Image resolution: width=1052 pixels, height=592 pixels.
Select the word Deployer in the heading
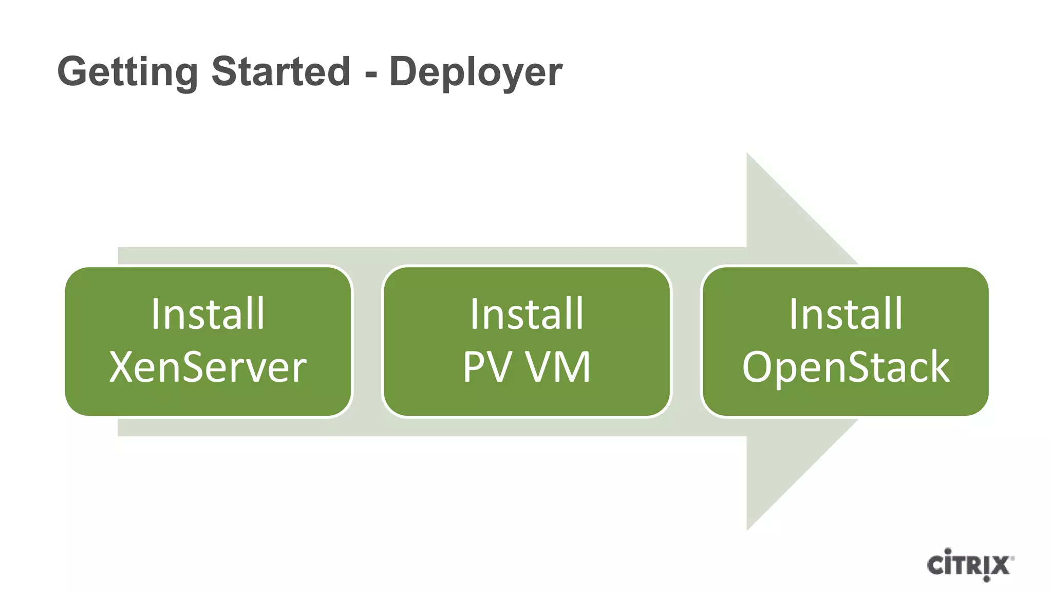[x=476, y=72]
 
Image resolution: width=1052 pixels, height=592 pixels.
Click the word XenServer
[x=208, y=367]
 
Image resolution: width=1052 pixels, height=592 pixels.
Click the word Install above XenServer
[x=208, y=313]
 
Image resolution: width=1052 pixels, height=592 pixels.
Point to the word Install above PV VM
[x=527, y=313]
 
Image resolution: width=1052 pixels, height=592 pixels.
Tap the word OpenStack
[x=846, y=367]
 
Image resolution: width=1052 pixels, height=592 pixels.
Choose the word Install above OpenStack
[x=846, y=313]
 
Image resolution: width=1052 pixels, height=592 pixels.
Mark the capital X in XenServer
[x=121, y=367]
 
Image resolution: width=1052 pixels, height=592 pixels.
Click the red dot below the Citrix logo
[x=986, y=579]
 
